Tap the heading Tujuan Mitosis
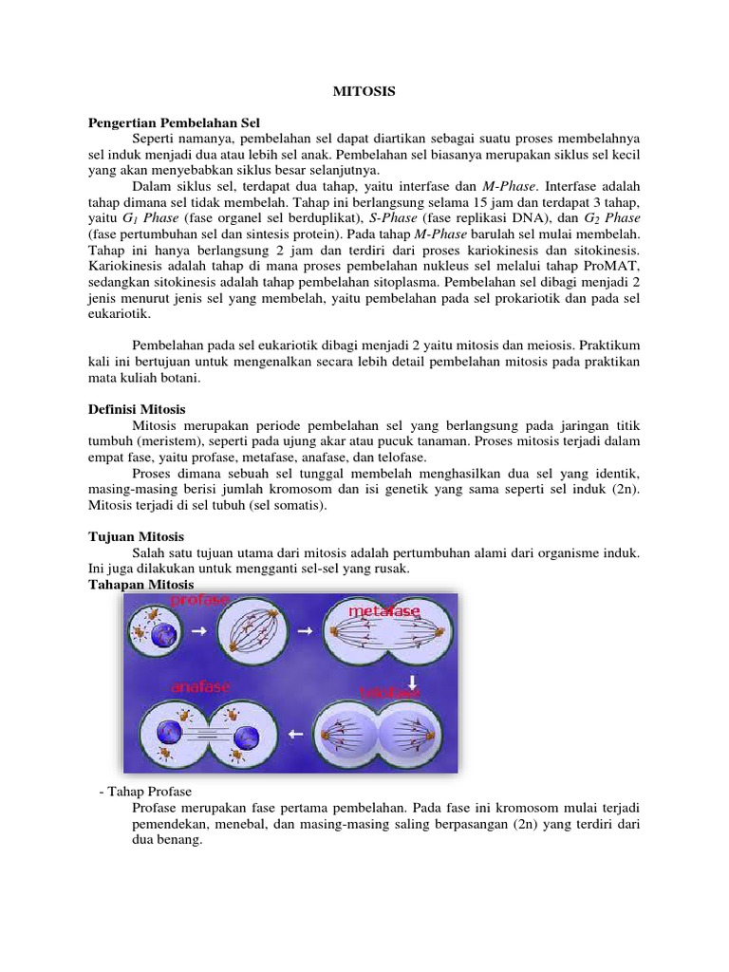136,537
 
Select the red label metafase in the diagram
383,612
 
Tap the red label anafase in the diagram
199,685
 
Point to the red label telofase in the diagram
390,693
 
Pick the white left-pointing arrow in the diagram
295,734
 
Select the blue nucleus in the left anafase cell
177,734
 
